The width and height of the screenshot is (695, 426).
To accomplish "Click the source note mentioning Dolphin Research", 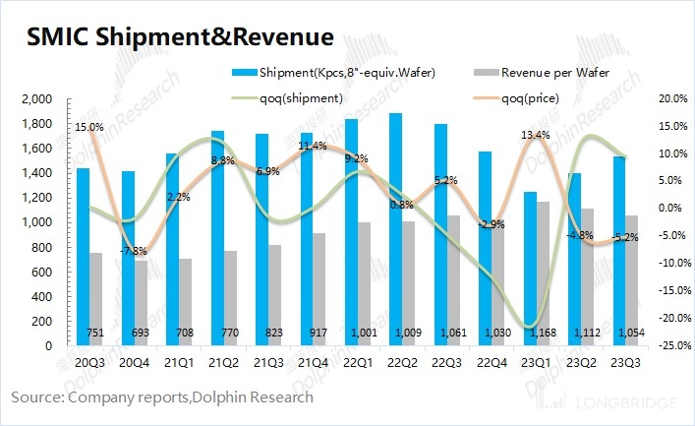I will [x=162, y=396].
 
